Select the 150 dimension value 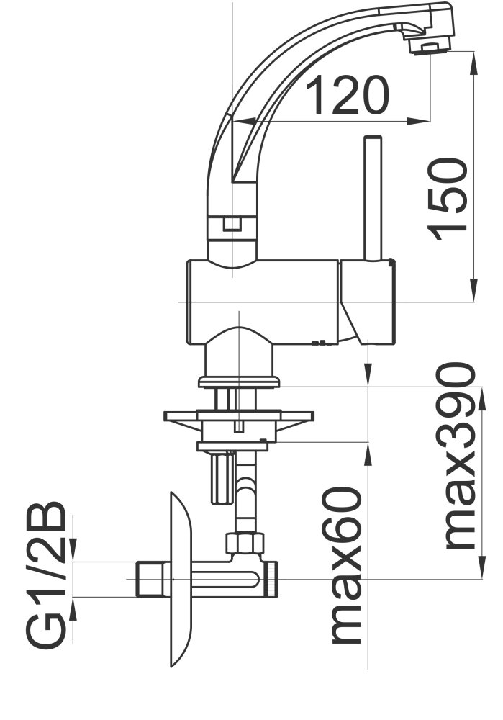[x=448, y=199]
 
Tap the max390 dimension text [x=453, y=456]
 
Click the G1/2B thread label [x=45, y=575]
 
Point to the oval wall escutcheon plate [x=180, y=580]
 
